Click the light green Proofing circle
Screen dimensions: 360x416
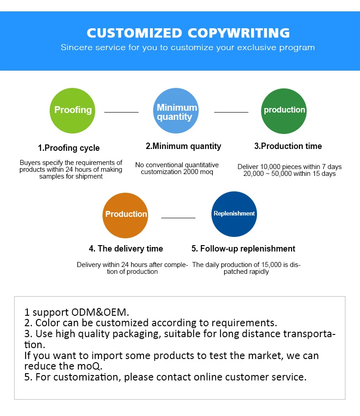click(72, 111)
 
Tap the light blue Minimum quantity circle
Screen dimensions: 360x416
click(176, 111)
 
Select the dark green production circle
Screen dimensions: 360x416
click(284, 111)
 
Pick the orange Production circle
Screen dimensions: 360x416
click(125, 215)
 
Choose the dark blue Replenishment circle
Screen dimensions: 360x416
click(234, 214)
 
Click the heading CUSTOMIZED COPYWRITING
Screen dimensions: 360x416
click(188, 33)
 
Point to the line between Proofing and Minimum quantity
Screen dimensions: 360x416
click(121, 112)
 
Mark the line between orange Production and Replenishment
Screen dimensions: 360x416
click(178, 218)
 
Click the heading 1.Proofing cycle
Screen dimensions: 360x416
click(68, 148)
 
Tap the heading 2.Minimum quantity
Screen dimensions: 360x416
click(183, 146)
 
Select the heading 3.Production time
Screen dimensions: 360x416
click(288, 146)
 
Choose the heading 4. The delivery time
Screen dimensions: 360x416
click(126, 249)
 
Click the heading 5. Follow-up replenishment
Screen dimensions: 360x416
click(243, 249)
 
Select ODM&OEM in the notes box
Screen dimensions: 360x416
click(100, 313)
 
